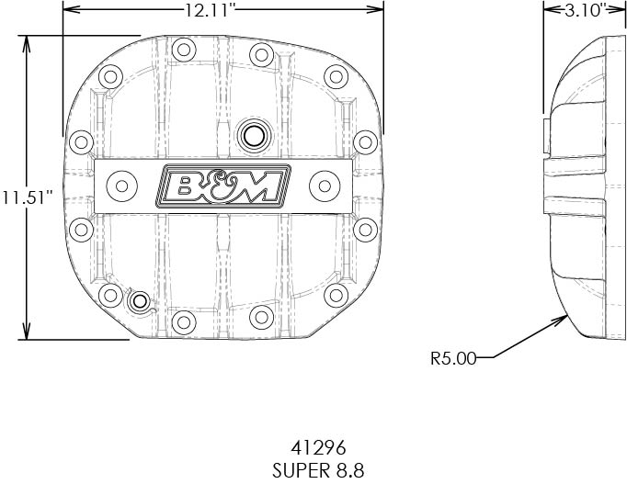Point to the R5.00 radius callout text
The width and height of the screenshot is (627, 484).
453,358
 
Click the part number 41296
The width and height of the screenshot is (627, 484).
317,449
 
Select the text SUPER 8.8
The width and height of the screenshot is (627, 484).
317,469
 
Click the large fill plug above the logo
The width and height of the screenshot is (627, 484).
251,135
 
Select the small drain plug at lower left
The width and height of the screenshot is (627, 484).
139,301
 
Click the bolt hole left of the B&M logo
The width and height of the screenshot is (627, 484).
120,186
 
